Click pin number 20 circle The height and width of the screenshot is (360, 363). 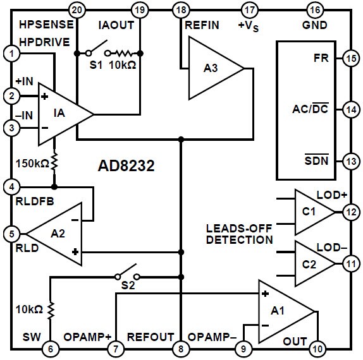click(x=77, y=9)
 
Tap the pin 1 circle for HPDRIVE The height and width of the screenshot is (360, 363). click(x=10, y=54)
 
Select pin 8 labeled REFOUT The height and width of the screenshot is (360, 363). click(x=181, y=348)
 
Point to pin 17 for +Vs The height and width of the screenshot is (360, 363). click(x=250, y=9)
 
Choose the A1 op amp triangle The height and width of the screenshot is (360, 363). click(x=285, y=311)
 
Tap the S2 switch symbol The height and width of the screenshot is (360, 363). click(x=126, y=277)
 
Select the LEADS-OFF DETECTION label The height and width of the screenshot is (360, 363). click(x=239, y=234)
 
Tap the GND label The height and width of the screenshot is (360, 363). click(x=314, y=25)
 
